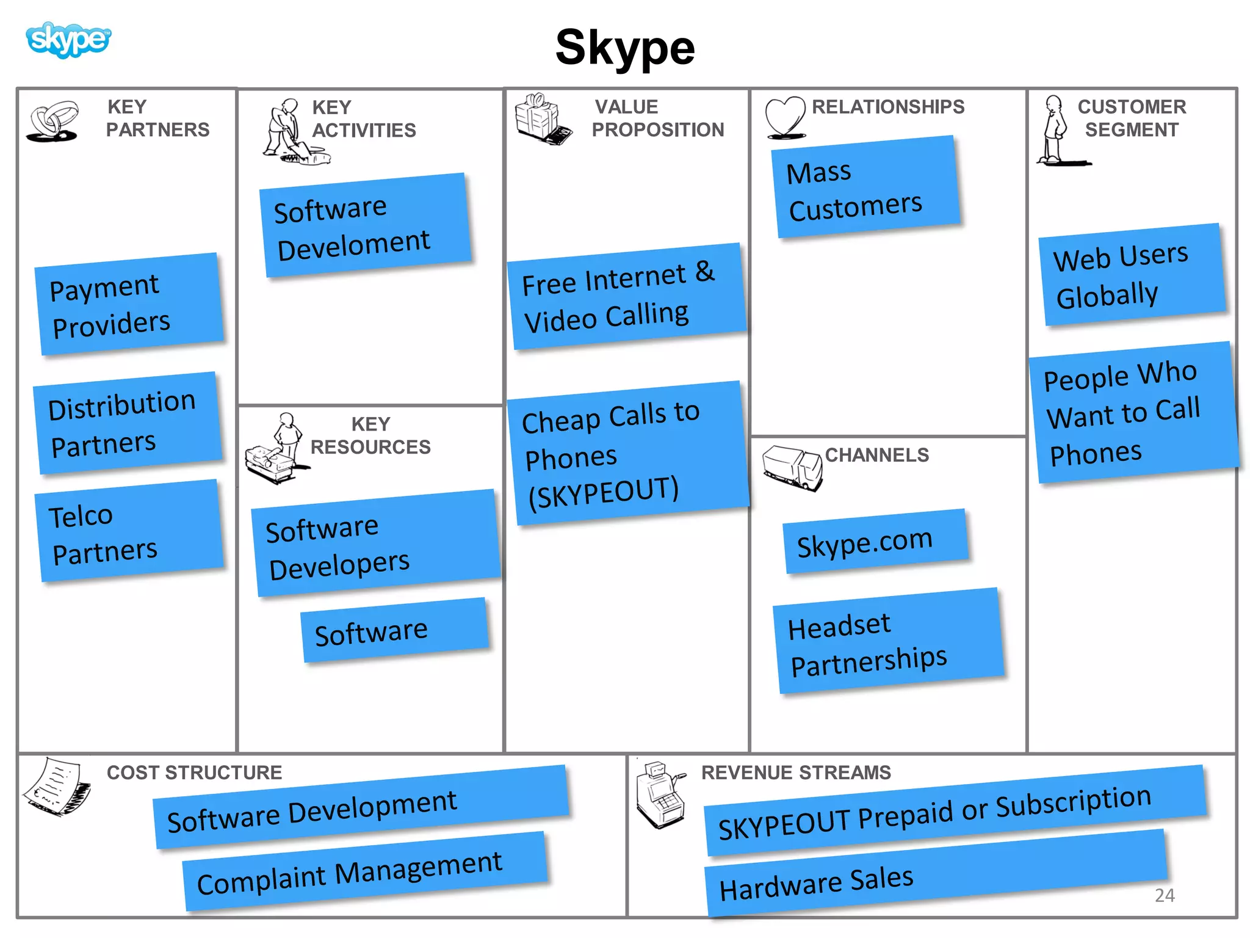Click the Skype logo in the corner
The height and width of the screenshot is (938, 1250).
pyautogui.click(x=68, y=40)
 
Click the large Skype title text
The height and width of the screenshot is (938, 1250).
pyautogui.click(x=625, y=48)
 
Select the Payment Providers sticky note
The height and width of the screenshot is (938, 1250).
pyautogui.click(x=128, y=304)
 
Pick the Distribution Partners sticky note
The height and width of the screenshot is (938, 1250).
pyautogui.click(x=127, y=423)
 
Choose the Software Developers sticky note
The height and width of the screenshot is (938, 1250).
pyautogui.click(x=375, y=544)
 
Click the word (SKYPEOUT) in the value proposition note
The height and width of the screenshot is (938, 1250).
pyautogui.click(x=603, y=492)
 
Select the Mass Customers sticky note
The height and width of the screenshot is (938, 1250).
pyautogui.click(x=865, y=188)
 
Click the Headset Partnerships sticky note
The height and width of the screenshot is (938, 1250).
pyautogui.click(x=888, y=641)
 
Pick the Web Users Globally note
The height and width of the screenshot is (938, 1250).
pyautogui.click(x=1132, y=275)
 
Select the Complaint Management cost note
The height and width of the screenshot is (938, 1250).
pyautogui.click(x=364, y=872)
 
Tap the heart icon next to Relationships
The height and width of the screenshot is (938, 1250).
pyautogui.click(x=785, y=116)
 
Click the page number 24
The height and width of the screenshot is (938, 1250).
pyautogui.click(x=1165, y=895)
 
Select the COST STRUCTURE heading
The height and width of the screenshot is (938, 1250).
pyautogui.click(x=194, y=773)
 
